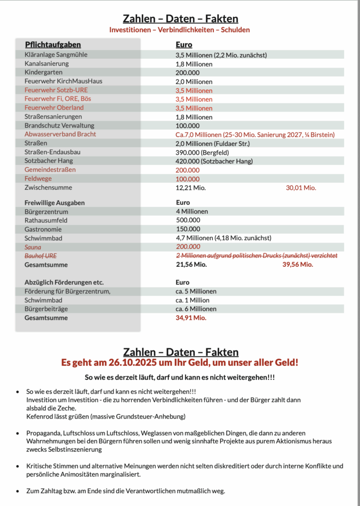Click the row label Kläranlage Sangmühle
[x=56, y=55]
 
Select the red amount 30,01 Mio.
[x=301, y=188]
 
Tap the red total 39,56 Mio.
[x=297, y=264]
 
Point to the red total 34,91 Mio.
[x=191, y=318]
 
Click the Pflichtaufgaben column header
[x=53, y=45]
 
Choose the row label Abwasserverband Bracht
[x=60, y=134]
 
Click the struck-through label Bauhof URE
[x=40, y=255]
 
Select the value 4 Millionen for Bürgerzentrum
[x=192, y=211]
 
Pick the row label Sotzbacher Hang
[x=49, y=161]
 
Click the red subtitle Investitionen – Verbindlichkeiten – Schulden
[x=180, y=30]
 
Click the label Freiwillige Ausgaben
[x=55, y=203]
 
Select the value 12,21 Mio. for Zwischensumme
[x=191, y=188]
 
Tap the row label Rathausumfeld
[x=46, y=220]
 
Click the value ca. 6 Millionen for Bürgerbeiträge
[x=196, y=309]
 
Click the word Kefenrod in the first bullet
[x=40, y=417]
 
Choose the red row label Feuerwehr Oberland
[x=54, y=108]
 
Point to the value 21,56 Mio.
[x=192, y=264]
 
